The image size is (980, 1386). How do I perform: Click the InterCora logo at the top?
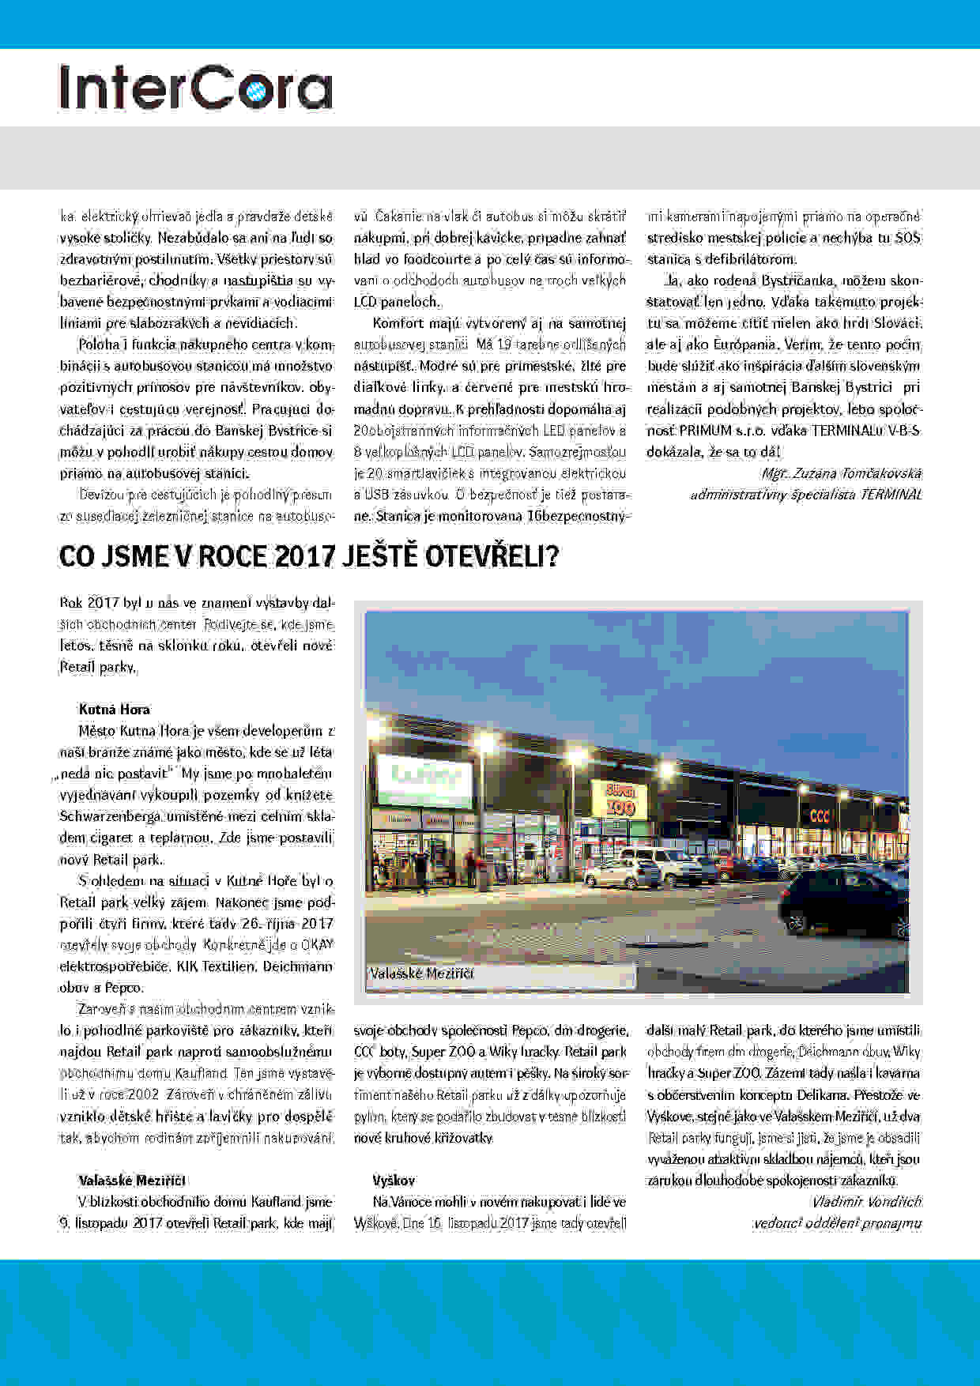pyautogui.click(x=196, y=88)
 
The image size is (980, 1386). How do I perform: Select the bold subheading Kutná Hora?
pyautogui.click(x=114, y=709)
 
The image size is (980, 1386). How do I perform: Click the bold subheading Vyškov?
pyautogui.click(x=394, y=1180)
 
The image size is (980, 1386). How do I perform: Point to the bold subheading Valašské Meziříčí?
pyautogui.click(x=131, y=1180)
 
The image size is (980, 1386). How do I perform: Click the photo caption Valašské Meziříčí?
pyautogui.click(x=421, y=974)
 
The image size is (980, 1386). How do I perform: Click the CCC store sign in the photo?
pyautogui.click(x=819, y=815)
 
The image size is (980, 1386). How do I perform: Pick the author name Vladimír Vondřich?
pyautogui.click(x=866, y=1202)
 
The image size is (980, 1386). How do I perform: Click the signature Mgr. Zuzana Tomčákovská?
pyautogui.click(x=841, y=473)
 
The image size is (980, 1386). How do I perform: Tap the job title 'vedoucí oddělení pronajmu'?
pyautogui.click(x=837, y=1223)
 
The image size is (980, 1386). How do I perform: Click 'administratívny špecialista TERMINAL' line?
pyautogui.click(x=805, y=495)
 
